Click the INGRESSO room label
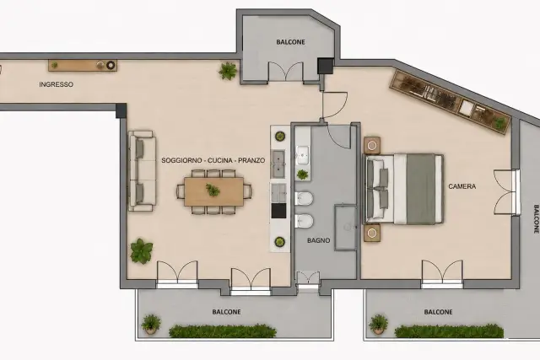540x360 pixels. [x=57, y=84]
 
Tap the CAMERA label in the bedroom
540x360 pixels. [x=462, y=186]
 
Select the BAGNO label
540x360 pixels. [x=319, y=240]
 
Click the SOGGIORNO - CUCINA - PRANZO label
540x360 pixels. [x=213, y=160]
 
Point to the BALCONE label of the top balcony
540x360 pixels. [x=290, y=42]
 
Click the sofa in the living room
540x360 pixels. [x=142, y=170]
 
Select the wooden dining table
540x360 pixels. [x=213, y=191]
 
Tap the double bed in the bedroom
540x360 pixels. [x=403, y=189]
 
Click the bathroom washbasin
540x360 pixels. [x=302, y=154]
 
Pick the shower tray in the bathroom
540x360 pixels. [x=346, y=227]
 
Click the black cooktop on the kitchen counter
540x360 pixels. [x=278, y=211]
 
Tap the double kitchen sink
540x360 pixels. [x=278, y=164]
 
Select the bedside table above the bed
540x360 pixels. [x=372, y=146]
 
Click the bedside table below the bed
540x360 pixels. [x=372, y=233]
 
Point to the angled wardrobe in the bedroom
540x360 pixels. [x=450, y=102]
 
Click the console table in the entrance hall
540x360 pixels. [x=83, y=66]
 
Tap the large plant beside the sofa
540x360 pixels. [x=142, y=250]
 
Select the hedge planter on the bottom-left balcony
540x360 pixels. [x=223, y=331]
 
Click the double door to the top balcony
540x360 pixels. [x=285, y=73]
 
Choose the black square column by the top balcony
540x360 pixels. [x=326, y=66]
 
